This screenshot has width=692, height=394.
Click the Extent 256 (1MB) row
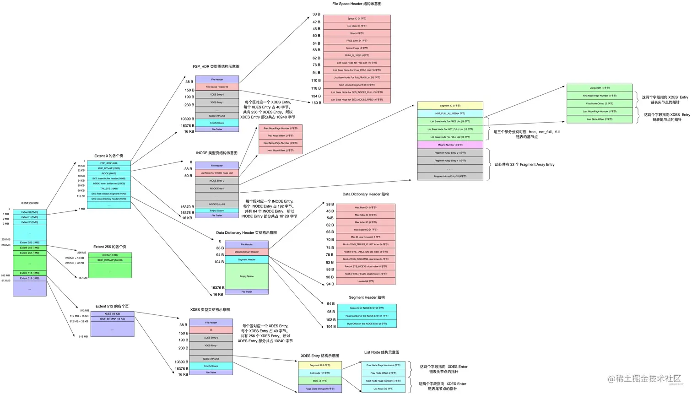pyautogui.click(x=29, y=248)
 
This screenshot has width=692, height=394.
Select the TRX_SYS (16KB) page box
pyautogui.click(x=108, y=189)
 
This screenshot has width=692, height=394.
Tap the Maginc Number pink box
pyautogui.click(x=450, y=145)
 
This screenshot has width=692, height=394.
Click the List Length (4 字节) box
pyautogui.click(x=599, y=88)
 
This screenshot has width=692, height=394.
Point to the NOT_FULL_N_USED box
pyautogui.click(x=450, y=113)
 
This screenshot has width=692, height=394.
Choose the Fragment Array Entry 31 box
pyautogui.click(x=450, y=176)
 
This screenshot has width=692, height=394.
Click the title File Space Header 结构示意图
pyautogui.click(x=357, y=4)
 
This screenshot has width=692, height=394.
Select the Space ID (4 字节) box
pyautogui.click(x=357, y=19)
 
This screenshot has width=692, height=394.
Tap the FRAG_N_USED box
pyautogui.click(x=357, y=55)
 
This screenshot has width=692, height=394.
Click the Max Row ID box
pyautogui.click(x=365, y=208)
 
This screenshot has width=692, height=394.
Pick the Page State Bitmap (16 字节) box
pyautogui.click(x=320, y=389)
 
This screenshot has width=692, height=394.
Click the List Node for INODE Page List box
pyautogui.click(x=216, y=173)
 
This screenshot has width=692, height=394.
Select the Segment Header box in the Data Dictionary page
pyautogui.click(x=247, y=259)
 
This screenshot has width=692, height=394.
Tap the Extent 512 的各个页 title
pyautogui.click(x=112, y=306)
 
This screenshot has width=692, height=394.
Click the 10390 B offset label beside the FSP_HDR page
pyautogui.click(x=187, y=119)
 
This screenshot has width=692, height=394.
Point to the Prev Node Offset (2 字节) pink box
pyautogui.click(x=280, y=136)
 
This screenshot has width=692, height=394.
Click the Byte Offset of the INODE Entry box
pyautogui.click(x=367, y=324)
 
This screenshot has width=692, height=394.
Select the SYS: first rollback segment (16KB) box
pyautogui.click(x=108, y=194)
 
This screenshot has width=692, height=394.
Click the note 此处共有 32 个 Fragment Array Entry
pyautogui.click(x=524, y=165)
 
